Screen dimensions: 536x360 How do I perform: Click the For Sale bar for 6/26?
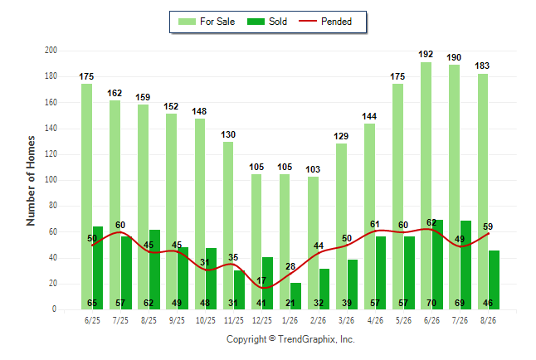click(x=426, y=186)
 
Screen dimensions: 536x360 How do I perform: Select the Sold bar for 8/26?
click(x=494, y=280)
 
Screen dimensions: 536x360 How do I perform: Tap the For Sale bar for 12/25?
click(x=256, y=241)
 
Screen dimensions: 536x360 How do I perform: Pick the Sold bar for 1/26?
click(x=295, y=296)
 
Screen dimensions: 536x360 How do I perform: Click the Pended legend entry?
click(x=325, y=22)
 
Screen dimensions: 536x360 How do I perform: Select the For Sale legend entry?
click(x=207, y=22)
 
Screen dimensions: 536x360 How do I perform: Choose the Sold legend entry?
click(x=267, y=22)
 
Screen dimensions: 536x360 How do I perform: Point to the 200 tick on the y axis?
click(x=51, y=51)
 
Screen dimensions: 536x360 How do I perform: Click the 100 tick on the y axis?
click(x=51, y=180)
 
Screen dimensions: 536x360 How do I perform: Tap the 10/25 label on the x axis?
click(x=206, y=320)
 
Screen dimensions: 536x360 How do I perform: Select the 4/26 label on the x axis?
click(x=375, y=320)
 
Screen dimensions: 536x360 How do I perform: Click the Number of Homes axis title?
click(x=31, y=181)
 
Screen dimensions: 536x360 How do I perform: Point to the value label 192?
click(x=426, y=54)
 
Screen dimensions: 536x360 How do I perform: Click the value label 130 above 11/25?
click(x=228, y=134)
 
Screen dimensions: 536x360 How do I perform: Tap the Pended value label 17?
click(x=261, y=280)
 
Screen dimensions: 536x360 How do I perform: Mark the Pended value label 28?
click(x=290, y=266)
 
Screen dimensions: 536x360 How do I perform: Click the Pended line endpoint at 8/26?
click(x=488, y=234)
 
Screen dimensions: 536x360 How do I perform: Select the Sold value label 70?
click(x=431, y=303)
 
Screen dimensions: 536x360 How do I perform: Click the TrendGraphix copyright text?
click(x=290, y=339)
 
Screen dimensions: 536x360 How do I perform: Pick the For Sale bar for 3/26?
click(x=341, y=226)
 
